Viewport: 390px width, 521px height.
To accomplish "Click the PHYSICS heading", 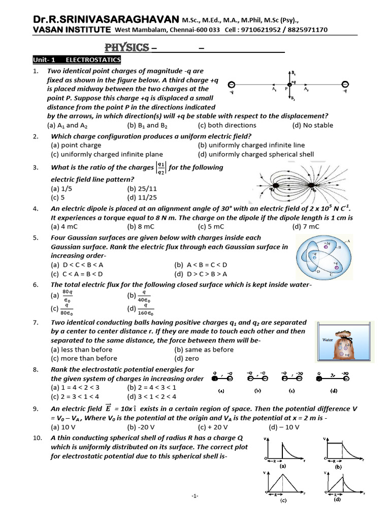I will pyautogui.click(x=127, y=48).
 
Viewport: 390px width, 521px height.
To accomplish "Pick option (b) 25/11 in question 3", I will pyautogui.click(x=138, y=188).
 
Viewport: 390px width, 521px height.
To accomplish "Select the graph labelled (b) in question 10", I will pyautogui.click(x=340, y=450).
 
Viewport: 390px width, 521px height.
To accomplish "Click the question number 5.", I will pyautogui.click(x=36, y=238).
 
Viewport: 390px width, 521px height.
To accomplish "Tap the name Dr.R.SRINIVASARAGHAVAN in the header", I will pyautogui.click(x=106, y=19).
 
